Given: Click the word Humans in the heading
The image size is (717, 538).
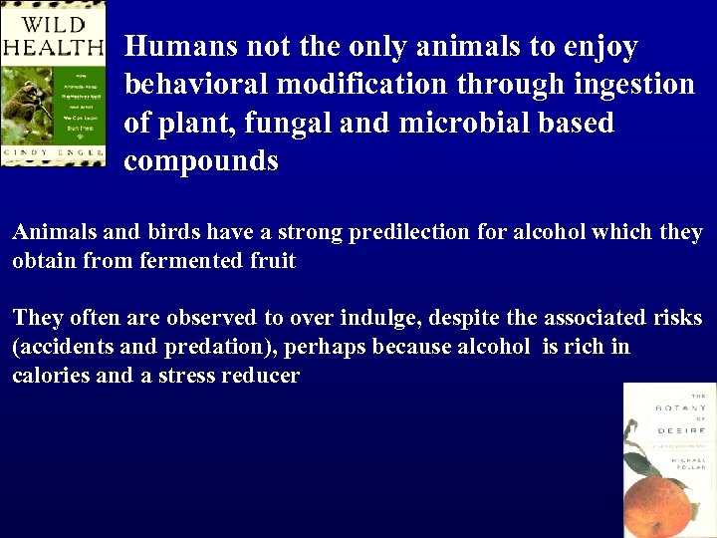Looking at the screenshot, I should click(176, 47).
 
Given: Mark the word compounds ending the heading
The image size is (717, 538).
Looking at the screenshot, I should click(200, 161).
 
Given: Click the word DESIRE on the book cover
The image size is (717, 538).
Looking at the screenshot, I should click(681, 429).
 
